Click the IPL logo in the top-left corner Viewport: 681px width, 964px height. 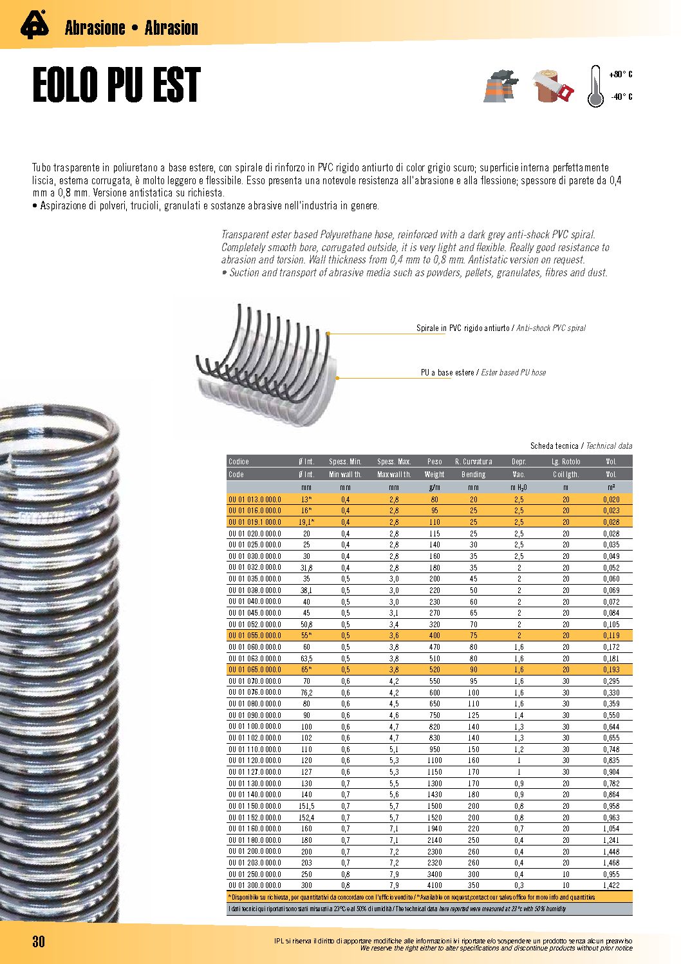[34, 26]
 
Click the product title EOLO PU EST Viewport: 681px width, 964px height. [117, 86]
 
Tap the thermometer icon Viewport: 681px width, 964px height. [595, 87]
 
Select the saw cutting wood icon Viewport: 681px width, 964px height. [554, 86]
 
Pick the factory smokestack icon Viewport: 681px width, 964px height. [501, 86]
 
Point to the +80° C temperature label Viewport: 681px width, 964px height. [620, 75]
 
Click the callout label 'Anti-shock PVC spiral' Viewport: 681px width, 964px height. [551, 328]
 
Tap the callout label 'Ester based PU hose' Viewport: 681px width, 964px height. [514, 373]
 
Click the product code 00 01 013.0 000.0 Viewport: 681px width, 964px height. [255, 500]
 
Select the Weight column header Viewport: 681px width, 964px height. [434, 475]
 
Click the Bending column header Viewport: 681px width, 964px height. [473, 475]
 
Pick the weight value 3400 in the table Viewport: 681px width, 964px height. [434, 874]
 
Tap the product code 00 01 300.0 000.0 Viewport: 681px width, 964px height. [255, 885]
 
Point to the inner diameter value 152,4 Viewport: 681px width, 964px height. [306, 818]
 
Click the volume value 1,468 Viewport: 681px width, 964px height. [611, 863]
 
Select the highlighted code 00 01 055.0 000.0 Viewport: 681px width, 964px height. [255, 636]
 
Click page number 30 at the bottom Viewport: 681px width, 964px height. [39, 941]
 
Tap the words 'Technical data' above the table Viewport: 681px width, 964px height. [609, 446]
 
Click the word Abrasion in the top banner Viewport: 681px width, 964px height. [171, 28]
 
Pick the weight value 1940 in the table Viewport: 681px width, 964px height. [434, 829]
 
